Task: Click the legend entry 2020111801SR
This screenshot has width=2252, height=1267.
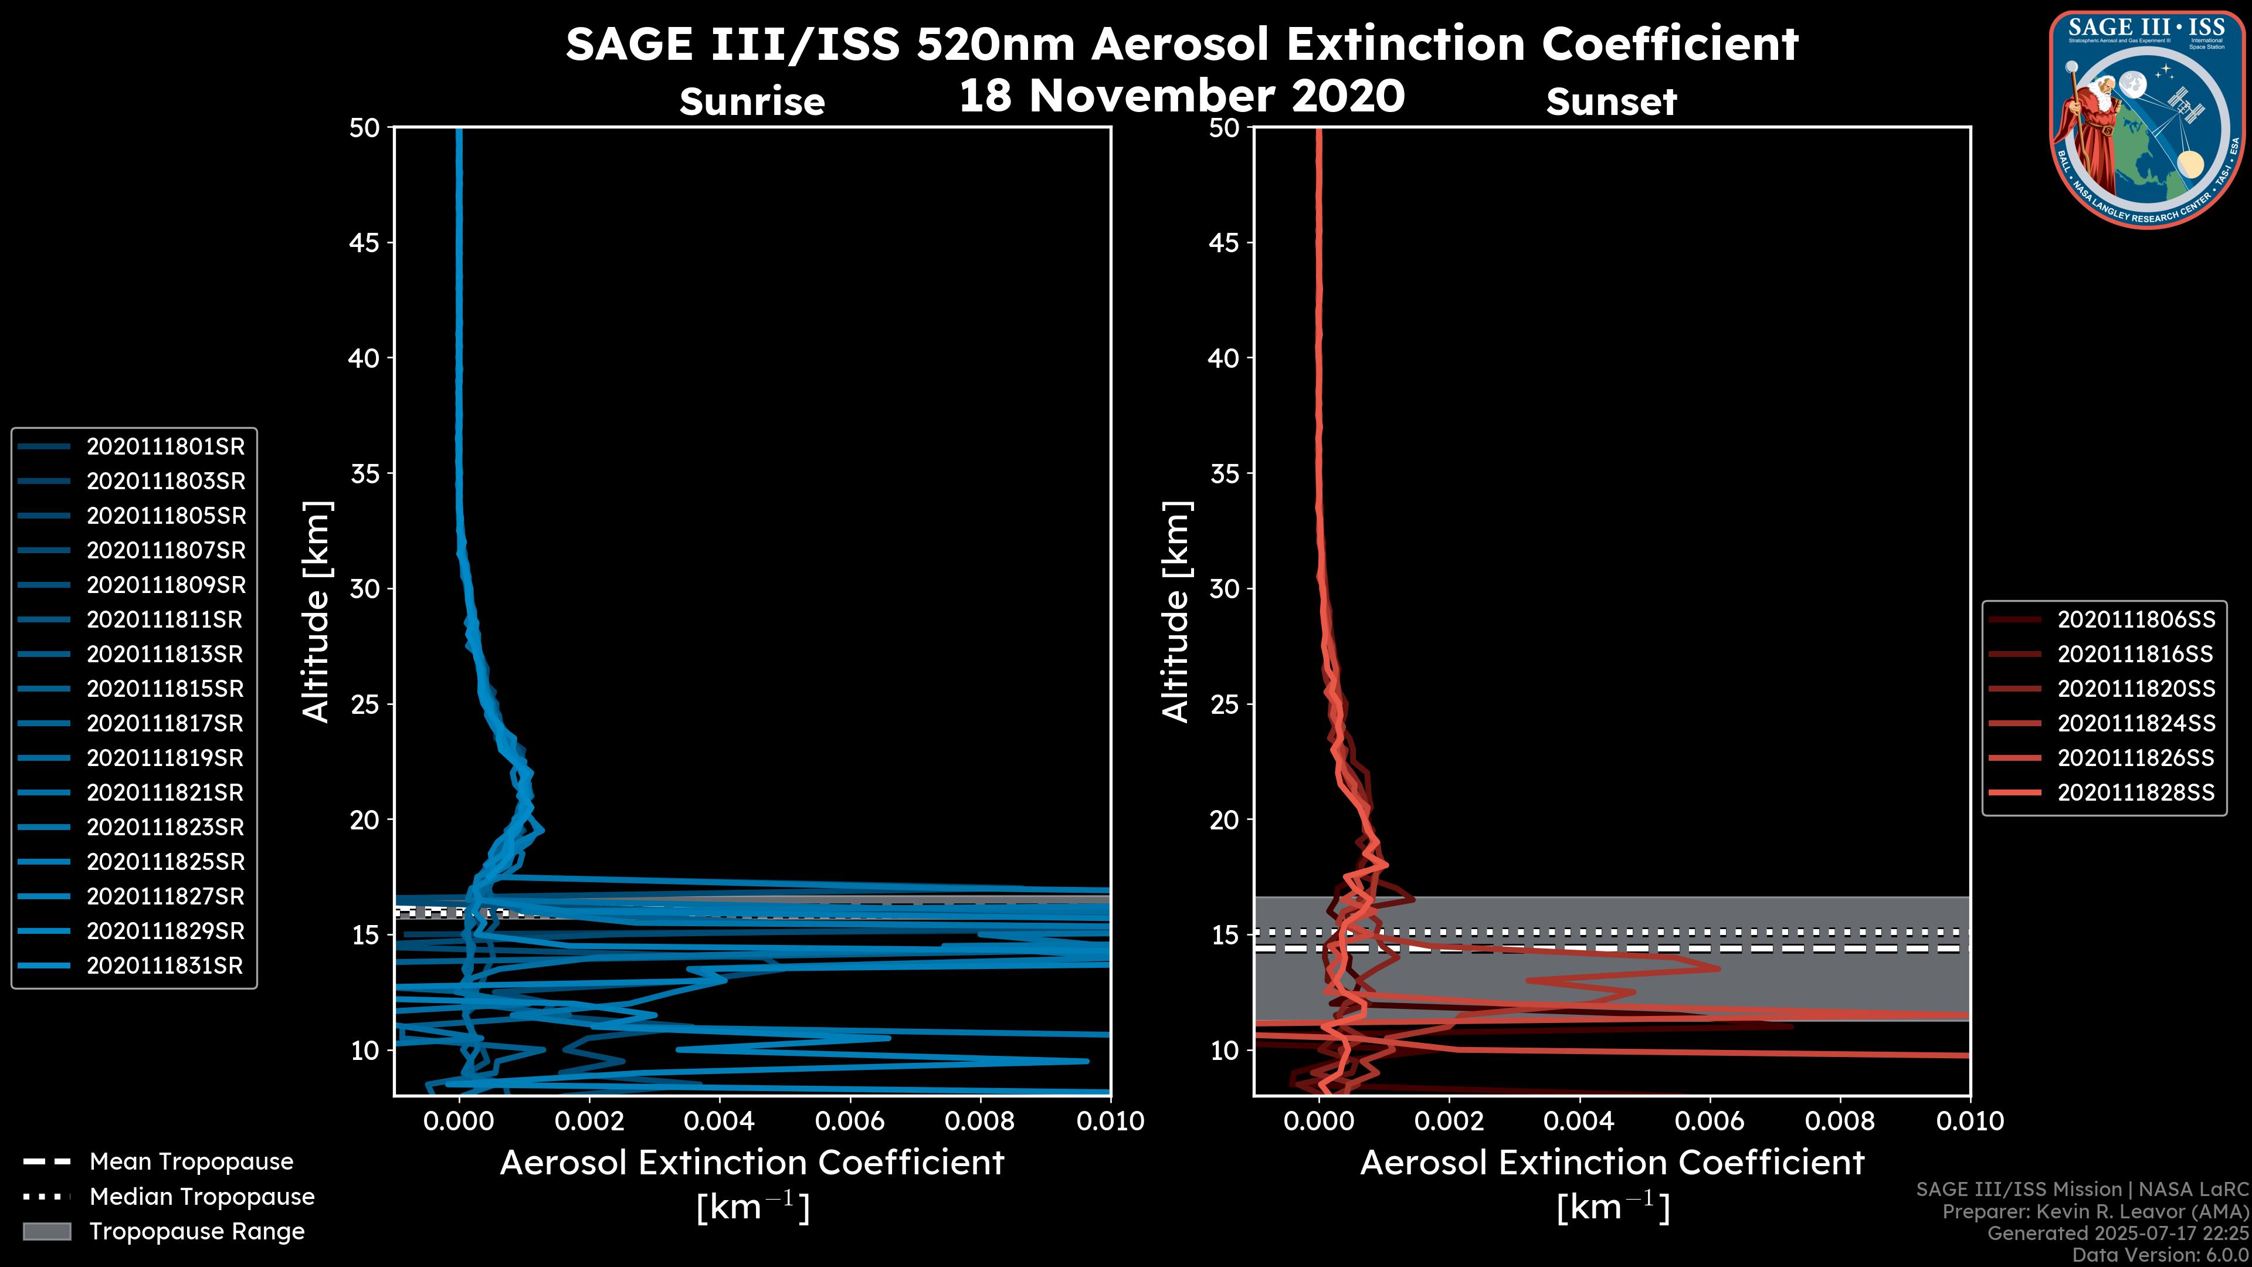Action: pyautogui.click(x=165, y=447)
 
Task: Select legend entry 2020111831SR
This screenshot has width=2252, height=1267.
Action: pyautogui.click(x=165, y=966)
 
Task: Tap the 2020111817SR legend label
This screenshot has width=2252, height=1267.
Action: pyautogui.click(x=165, y=724)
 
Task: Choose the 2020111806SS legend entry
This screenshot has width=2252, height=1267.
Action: pyautogui.click(x=2136, y=620)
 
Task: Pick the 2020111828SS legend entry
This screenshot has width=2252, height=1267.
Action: pyautogui.click(x=2136, y=793)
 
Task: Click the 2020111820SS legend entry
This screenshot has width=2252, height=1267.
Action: pyautogui.click(x=2136, y=689)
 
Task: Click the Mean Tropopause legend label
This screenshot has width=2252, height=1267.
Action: pyautogui.click(x=191, y=1162)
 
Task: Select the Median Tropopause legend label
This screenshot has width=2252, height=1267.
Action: pyautogui.click(x=202, y=1197)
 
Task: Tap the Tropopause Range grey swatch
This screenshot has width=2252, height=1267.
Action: pyautogui.click(x=47, y=1232)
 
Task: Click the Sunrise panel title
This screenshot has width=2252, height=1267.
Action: pyautogui.click(x=752, y=102)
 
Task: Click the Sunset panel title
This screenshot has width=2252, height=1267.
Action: pyautogui.click(x=1611, y=102)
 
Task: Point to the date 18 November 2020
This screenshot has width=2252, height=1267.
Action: pyautogui.click(x=1181, y=96)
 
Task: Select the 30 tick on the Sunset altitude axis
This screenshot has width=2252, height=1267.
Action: pyautogui.click(x=1224, y=590)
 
